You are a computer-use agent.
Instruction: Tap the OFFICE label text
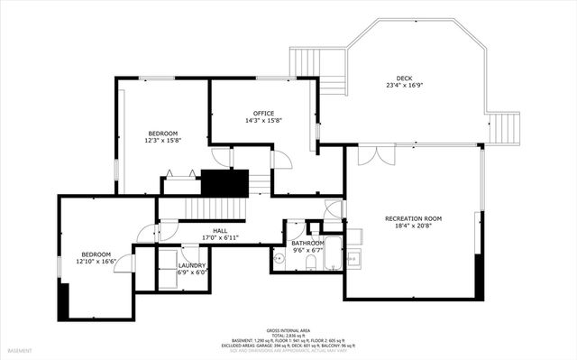263,113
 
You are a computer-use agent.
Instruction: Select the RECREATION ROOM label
413,218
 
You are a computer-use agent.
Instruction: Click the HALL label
220,231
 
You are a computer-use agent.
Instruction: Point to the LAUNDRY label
191,265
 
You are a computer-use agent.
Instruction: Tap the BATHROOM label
307,244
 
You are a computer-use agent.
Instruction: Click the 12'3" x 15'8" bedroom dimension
163,140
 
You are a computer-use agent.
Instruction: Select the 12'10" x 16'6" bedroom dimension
96,262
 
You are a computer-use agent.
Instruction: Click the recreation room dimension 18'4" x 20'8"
413,226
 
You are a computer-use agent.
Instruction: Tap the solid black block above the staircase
224,182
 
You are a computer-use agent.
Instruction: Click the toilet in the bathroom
309,262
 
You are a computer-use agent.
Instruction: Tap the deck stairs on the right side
505,127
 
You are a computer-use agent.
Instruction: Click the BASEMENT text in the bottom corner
20,350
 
